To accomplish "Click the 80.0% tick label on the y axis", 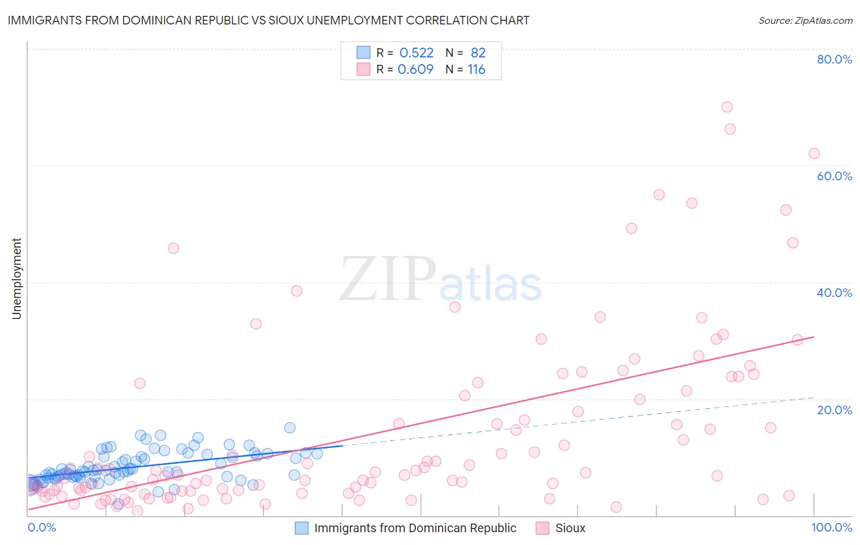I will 834,59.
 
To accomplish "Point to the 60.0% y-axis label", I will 834,176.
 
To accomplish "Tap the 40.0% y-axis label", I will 834,293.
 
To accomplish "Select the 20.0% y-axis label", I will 834,409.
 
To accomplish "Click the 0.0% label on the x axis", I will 42,527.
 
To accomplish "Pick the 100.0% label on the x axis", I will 832,527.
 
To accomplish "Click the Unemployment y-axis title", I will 17,279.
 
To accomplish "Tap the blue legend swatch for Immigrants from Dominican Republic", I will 302,528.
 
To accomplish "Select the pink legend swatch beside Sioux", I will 543,528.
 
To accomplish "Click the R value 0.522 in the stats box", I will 416,53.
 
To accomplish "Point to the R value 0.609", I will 415,70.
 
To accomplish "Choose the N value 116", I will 476,70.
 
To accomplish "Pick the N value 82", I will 478,53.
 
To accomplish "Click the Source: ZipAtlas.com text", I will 805,20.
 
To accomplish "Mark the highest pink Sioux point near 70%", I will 727,107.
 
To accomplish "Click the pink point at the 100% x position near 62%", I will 814,153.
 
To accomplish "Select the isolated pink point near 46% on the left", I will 173,248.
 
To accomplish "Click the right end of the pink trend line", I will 814,337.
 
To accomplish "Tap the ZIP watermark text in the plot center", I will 388,279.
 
